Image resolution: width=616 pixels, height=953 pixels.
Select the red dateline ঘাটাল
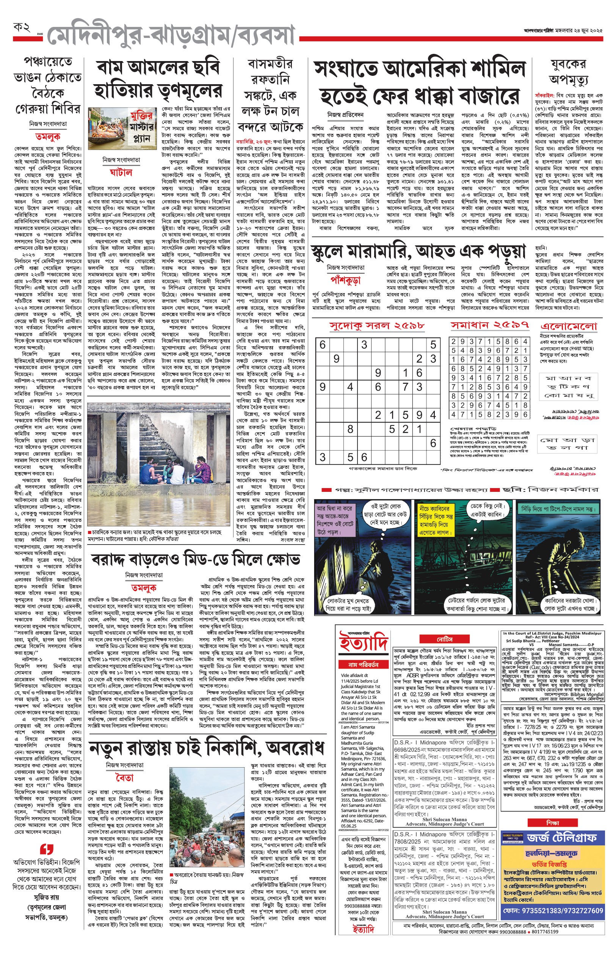(121, 173)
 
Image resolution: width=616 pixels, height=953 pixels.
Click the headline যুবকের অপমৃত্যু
(568, 72)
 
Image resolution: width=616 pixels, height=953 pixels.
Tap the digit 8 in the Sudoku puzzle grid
(350, 429)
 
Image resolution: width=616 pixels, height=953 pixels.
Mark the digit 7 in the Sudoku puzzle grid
(405, 387)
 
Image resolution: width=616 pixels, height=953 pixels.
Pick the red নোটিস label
(444, 639)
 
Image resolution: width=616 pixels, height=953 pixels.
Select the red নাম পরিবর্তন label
(363, 664)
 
